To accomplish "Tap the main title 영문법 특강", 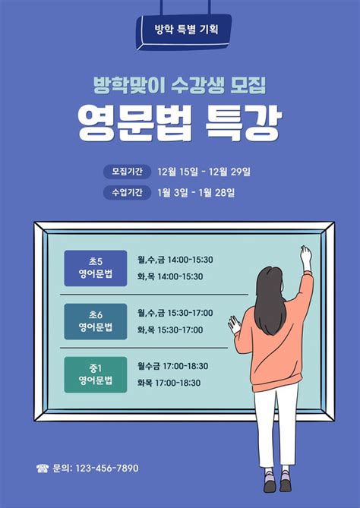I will (x=180, y=121).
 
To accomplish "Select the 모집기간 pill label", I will (x=126, y=171).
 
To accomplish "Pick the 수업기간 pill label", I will (x=126, y=192).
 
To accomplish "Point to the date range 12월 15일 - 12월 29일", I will (x=204, y=171).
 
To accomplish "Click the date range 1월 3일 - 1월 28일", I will (x=196, y=192).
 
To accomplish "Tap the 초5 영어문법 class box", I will (x=96, y=268).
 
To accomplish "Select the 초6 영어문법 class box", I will (x=96, y=320).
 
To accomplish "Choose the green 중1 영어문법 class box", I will (x=96, y=374).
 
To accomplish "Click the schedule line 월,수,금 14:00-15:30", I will (x=175, y=260).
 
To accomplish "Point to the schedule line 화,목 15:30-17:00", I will (x=170, y=330).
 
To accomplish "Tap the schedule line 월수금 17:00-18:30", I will (x=172, y=366).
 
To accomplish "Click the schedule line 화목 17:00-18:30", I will (x=169, y=383).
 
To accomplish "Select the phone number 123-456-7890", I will (x=106, y=469).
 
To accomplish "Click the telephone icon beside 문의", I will (x=42, y=469).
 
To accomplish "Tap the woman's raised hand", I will (x=305, y=256).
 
